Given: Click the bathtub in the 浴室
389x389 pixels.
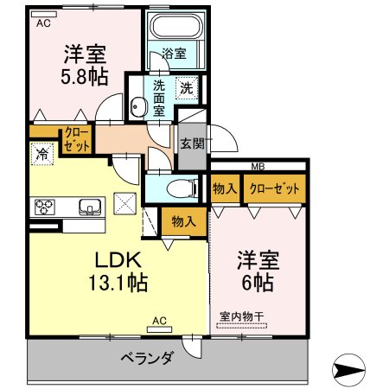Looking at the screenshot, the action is coord(176,26).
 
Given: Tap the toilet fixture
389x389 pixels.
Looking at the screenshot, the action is coord(182,188).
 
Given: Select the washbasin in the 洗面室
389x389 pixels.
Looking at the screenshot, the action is coord(137,107).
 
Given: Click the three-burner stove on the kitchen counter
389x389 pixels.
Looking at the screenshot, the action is coord(45,207).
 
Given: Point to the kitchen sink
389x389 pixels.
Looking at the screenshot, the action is coord(90,207).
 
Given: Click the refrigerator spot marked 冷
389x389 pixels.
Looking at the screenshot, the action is coord(42,154).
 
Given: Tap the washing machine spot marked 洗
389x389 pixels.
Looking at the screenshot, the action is coord(187,88).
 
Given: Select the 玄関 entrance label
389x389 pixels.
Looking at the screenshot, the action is coord(192,143).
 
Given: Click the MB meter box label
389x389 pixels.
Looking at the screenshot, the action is coord(258,166).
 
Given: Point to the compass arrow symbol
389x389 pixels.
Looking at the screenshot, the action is coord(348,369).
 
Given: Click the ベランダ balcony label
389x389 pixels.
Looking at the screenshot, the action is coord(147,358).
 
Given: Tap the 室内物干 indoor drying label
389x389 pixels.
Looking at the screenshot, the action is coord(241,316).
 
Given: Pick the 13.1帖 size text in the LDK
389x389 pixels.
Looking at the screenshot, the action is coord(118,283).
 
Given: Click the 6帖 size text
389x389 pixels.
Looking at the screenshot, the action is coord(258,283).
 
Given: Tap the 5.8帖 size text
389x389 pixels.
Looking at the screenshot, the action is coord(85,77).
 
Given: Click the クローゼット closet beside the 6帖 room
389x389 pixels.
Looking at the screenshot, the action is coord(275,188).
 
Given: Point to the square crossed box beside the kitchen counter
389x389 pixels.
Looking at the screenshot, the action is coord(125,203).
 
